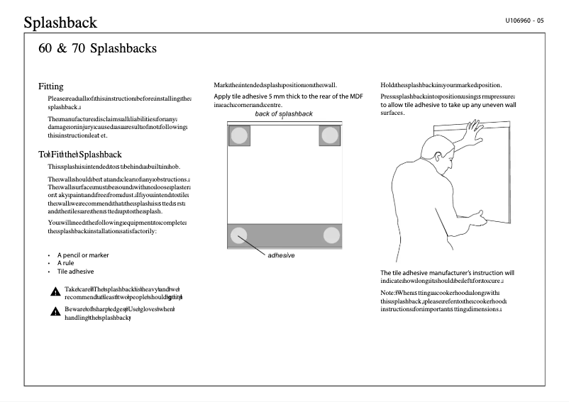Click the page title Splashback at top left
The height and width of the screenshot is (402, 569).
[x=60, y=23]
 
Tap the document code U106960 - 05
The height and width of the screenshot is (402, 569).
[x=524, y=21]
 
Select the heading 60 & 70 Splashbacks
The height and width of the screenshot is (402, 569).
[x=97, y=49]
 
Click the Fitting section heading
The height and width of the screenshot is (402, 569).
[x=51, y=86]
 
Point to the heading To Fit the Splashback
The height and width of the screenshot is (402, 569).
[x=80, y=154]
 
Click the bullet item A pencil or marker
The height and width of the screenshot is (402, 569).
[x=83, y=255]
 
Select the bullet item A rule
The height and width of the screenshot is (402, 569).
[x=70, y=263]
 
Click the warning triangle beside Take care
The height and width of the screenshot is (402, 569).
[x=55, y=291]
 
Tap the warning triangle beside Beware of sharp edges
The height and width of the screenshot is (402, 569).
[x=55, y=311]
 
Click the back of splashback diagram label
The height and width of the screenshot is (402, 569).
[x=284, y=114]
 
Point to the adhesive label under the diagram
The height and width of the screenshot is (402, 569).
[x=281, y=255]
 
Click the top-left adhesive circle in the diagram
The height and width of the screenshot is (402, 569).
[x=239, y=135]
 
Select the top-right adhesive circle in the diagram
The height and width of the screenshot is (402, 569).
[x=331, y=135]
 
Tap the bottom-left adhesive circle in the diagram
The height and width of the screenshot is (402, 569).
[x=239, y=235]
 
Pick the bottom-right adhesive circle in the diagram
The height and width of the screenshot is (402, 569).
[x=331, y=235]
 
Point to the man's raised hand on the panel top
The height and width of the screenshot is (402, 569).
[x=472, y=128]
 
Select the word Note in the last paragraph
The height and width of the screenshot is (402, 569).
[x=387, y=293]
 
